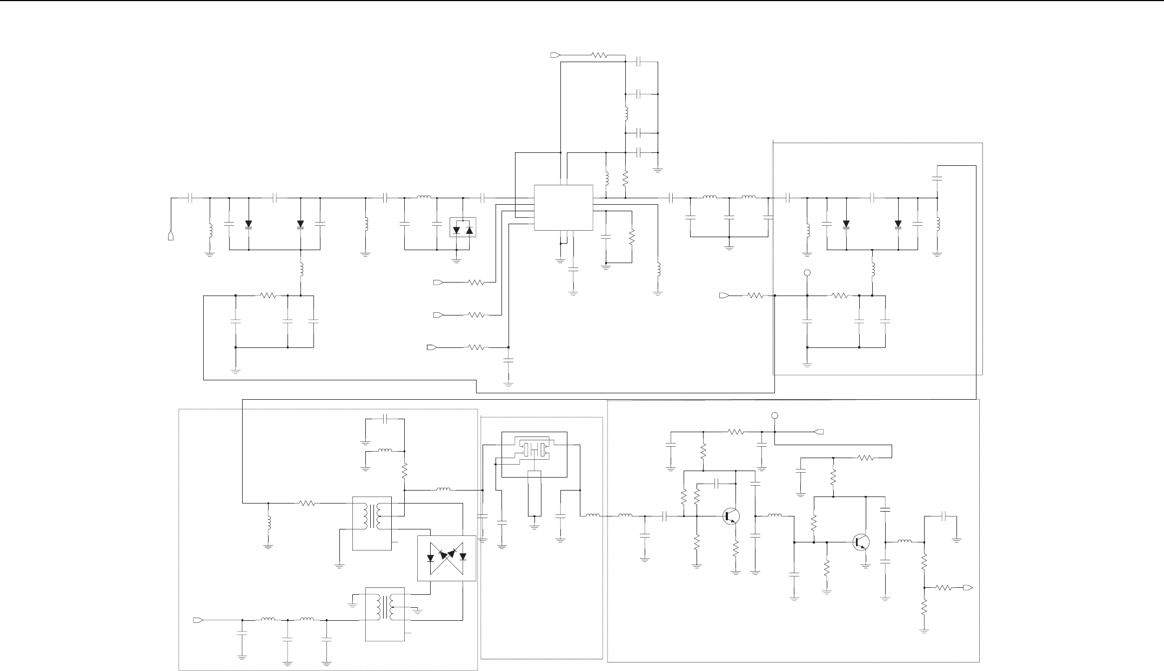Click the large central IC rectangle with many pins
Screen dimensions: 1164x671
(x=563, y=208)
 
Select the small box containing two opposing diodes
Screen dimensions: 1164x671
(x=463, y=228)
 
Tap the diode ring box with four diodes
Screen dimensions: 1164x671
(x=446, y=558)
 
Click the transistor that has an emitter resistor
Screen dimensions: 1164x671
(x=731, y=516)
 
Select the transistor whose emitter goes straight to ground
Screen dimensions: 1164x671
(x=861, y=542)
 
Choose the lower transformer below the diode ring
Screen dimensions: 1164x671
(x=385, y=614)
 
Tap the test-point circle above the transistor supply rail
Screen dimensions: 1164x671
(x=774, y=416)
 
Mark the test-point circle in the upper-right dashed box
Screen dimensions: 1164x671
(x=807, y=273)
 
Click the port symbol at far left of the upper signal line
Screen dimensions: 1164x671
(x=171, y=236)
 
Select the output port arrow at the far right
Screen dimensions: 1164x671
(x=968, y=587)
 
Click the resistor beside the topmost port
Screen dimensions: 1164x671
(x=599, y=55)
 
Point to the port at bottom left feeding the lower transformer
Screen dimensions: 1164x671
(x=198, y=620)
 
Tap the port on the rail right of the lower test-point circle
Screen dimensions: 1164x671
(x=819, y=432)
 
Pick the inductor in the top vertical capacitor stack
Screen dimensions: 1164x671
(x=626, y=114)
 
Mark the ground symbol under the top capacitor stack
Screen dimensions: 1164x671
(x=658, y=170)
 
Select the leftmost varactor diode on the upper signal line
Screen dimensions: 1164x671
(x=249, y=224)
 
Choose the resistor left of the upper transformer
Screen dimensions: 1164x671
(x=307, y=503)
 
